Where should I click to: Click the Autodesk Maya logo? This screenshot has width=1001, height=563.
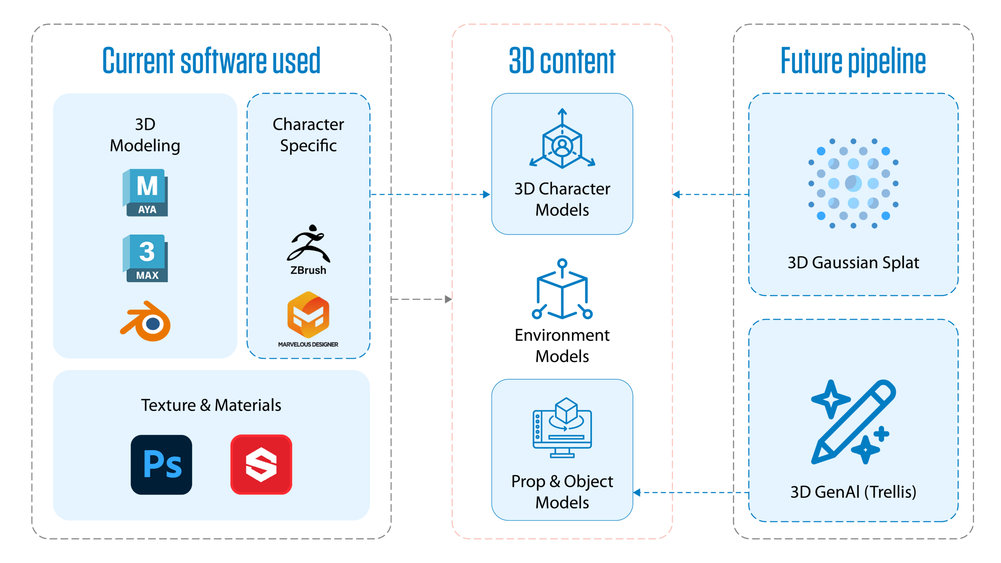pos(145,192)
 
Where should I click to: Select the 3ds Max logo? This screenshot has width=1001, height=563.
pos(145,258)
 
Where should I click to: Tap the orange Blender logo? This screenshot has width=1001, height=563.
pos(145,321)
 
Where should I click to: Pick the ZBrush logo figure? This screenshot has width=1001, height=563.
pos(309,243)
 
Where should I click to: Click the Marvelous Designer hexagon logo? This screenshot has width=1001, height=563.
pos(308,315)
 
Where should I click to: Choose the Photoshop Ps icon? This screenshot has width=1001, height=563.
pos(161,464)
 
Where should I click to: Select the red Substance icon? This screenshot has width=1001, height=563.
pos(261,464)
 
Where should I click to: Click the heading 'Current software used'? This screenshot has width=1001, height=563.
pos(211,61)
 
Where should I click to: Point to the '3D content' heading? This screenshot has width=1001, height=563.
pos(562,61)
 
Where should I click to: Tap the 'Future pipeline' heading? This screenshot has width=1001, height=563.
pos(853,61)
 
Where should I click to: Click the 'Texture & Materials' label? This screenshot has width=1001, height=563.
pos(211,405)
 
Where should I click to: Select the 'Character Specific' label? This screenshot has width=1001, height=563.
pos(308,135)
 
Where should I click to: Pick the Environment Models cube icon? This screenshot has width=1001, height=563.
pos(562,289)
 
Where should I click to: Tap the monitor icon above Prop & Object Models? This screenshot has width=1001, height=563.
pos(562,428)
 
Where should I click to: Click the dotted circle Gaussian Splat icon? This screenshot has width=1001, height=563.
pos(853,183)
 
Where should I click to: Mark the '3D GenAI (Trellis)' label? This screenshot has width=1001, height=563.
pos(853,492)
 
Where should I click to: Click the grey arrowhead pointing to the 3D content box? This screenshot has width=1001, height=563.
pos(448,299)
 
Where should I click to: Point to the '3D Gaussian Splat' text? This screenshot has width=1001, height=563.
pos(853,263)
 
